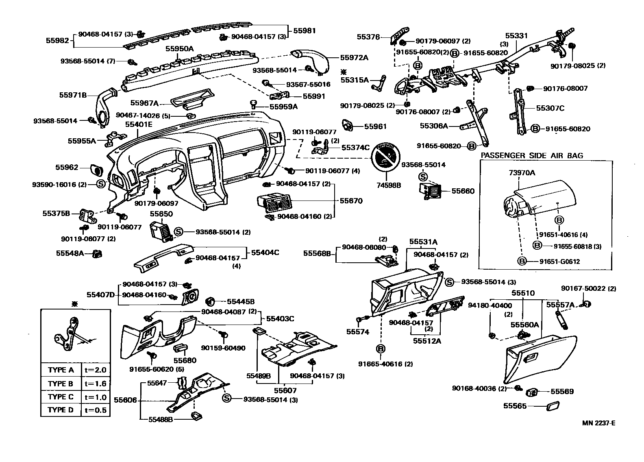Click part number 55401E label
click(139, 124)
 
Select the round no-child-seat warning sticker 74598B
click(385, 158)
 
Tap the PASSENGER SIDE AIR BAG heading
click(532, 155)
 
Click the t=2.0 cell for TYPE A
click(96, 370)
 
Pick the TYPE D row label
click(61, 410)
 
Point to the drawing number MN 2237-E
click(598, 423)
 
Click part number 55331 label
click(516, 36)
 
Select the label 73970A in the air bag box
click(522, 173)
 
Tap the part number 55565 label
click(515, 406)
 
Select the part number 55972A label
click(354, 58)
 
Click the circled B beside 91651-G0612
click(522, 262)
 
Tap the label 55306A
click(434, 126)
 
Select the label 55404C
click(265, 252)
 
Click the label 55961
click(375, 126)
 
